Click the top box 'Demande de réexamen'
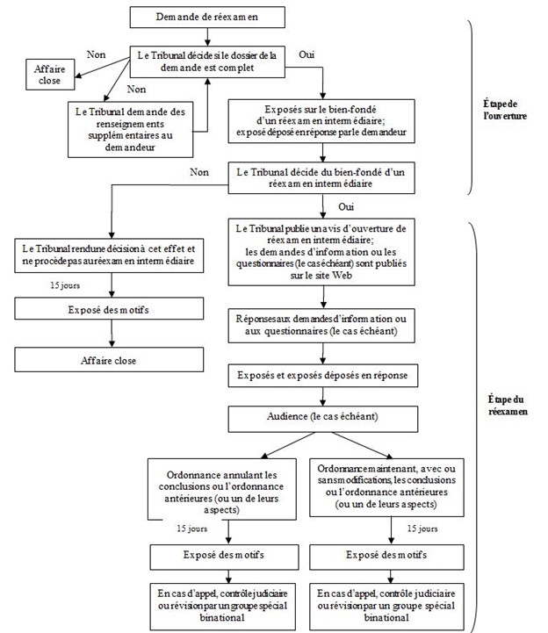click(x=206, y=17)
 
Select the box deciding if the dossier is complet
click(x=206, y=62)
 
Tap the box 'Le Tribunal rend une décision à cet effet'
click(x=108, y=255)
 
